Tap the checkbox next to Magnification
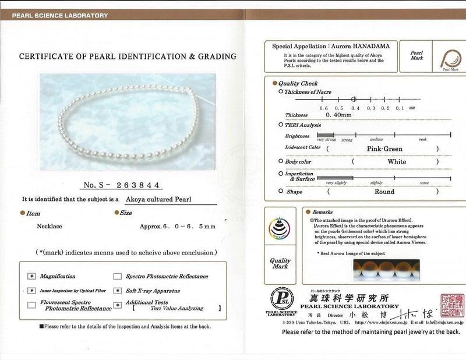tap(31, 276)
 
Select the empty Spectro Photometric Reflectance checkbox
tap(118, 276)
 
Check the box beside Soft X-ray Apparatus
tap(118, 290)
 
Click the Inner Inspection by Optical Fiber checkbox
tap(31, 290)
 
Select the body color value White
tap(397, 161)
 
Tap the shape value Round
tap(384, 192)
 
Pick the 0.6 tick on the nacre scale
tap(323, 108)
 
